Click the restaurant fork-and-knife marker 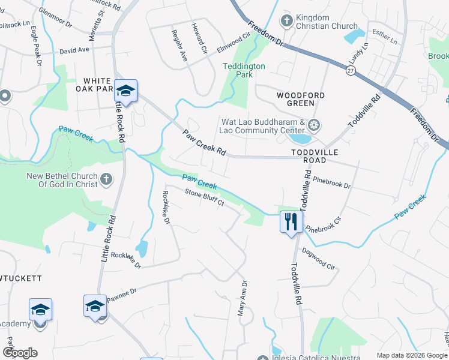point(291,222)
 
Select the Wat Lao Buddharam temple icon point(313,125)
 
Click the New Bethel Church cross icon point(106,179)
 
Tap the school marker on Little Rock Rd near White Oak point(125,91)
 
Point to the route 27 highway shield point(349,71)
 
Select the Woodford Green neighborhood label point(301,99)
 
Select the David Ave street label point(74,50)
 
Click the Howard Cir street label point(199,38)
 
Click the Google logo point(20,352)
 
